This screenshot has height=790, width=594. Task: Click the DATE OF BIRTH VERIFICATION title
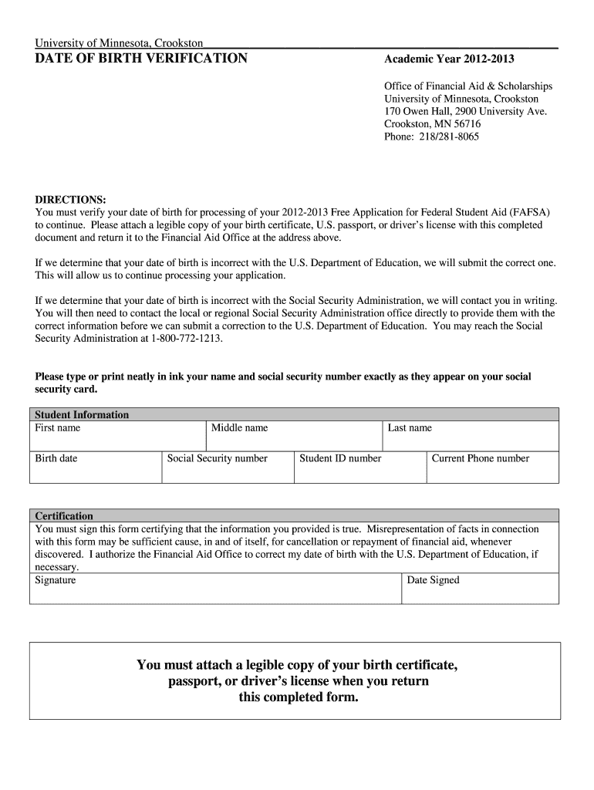click(x=141, y=59)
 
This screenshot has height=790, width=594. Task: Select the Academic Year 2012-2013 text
click(x=449, y=59)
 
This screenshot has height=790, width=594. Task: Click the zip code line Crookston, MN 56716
click(x=432, y=124)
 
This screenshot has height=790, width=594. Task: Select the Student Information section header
click(x=82, y=414)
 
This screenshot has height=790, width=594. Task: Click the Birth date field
click(x=96, y=468)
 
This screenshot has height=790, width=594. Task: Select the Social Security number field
click(x=228, y=468)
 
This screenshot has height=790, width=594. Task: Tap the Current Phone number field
click(x=492, y=468)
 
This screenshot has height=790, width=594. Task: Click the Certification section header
click(x=64, y=515)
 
